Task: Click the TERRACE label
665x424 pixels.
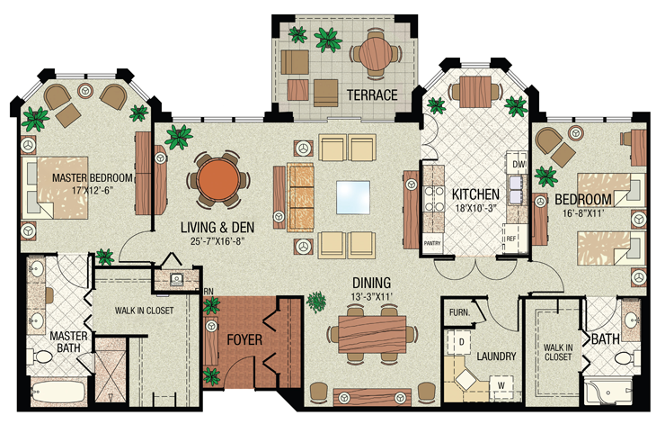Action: [371, 94]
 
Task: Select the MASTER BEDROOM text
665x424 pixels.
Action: [92, 177]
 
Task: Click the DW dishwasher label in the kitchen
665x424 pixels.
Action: [517, 166]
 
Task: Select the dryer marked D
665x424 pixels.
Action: [460, 341]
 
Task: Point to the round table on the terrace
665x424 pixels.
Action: [371, 53]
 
